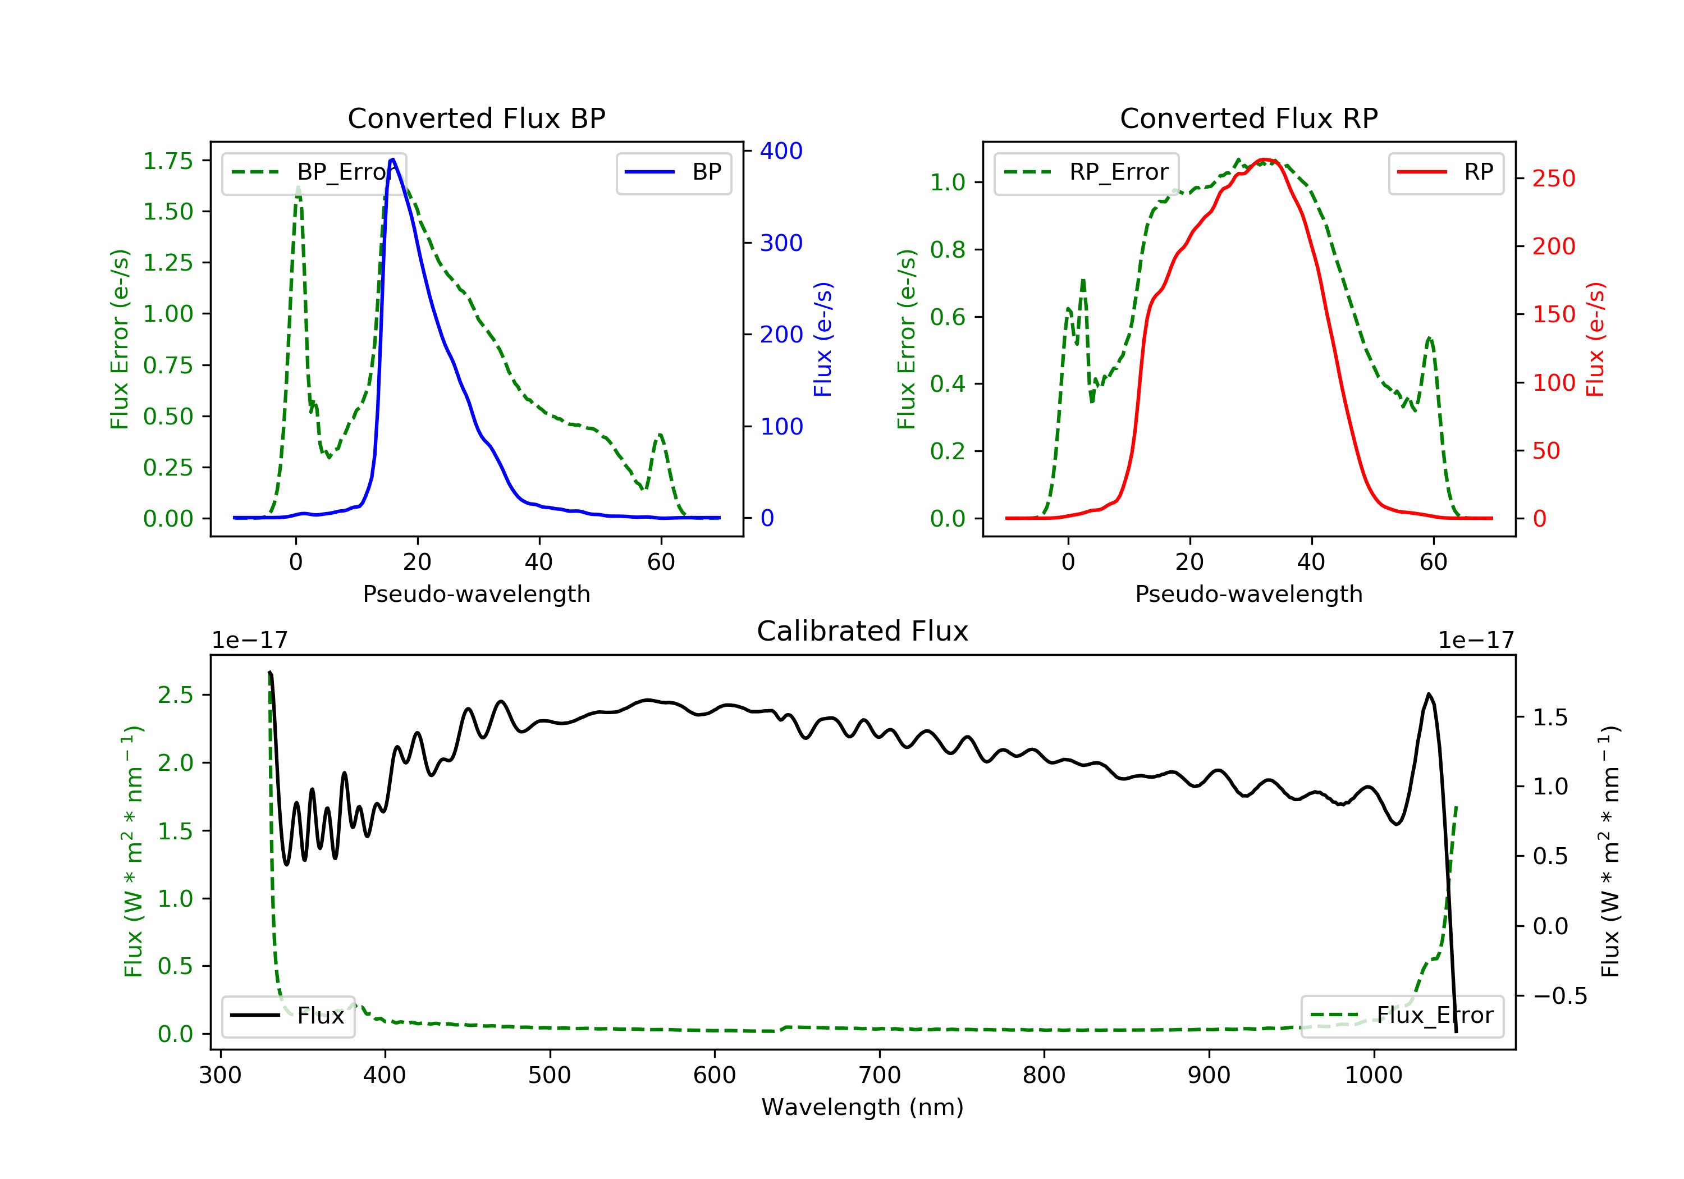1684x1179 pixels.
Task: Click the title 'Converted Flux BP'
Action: (476, 118)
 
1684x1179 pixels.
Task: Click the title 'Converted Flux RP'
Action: (1248, 118)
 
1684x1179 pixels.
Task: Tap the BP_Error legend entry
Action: (313, 172)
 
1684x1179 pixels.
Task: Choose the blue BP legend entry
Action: (673, 172)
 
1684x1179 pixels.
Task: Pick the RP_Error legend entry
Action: (1086, 172)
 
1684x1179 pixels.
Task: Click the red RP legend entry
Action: (1445, 172)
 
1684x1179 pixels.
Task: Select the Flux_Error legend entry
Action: (1402, 1016)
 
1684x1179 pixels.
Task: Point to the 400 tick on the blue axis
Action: (781, 150)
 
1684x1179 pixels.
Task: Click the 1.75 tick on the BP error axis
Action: (167, 161)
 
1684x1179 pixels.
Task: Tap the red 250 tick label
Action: (1553, 179)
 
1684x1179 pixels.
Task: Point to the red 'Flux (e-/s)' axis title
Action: (1595, 339)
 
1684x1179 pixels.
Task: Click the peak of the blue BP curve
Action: (393, 159)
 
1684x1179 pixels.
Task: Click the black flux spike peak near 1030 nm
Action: (1428, 694)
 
